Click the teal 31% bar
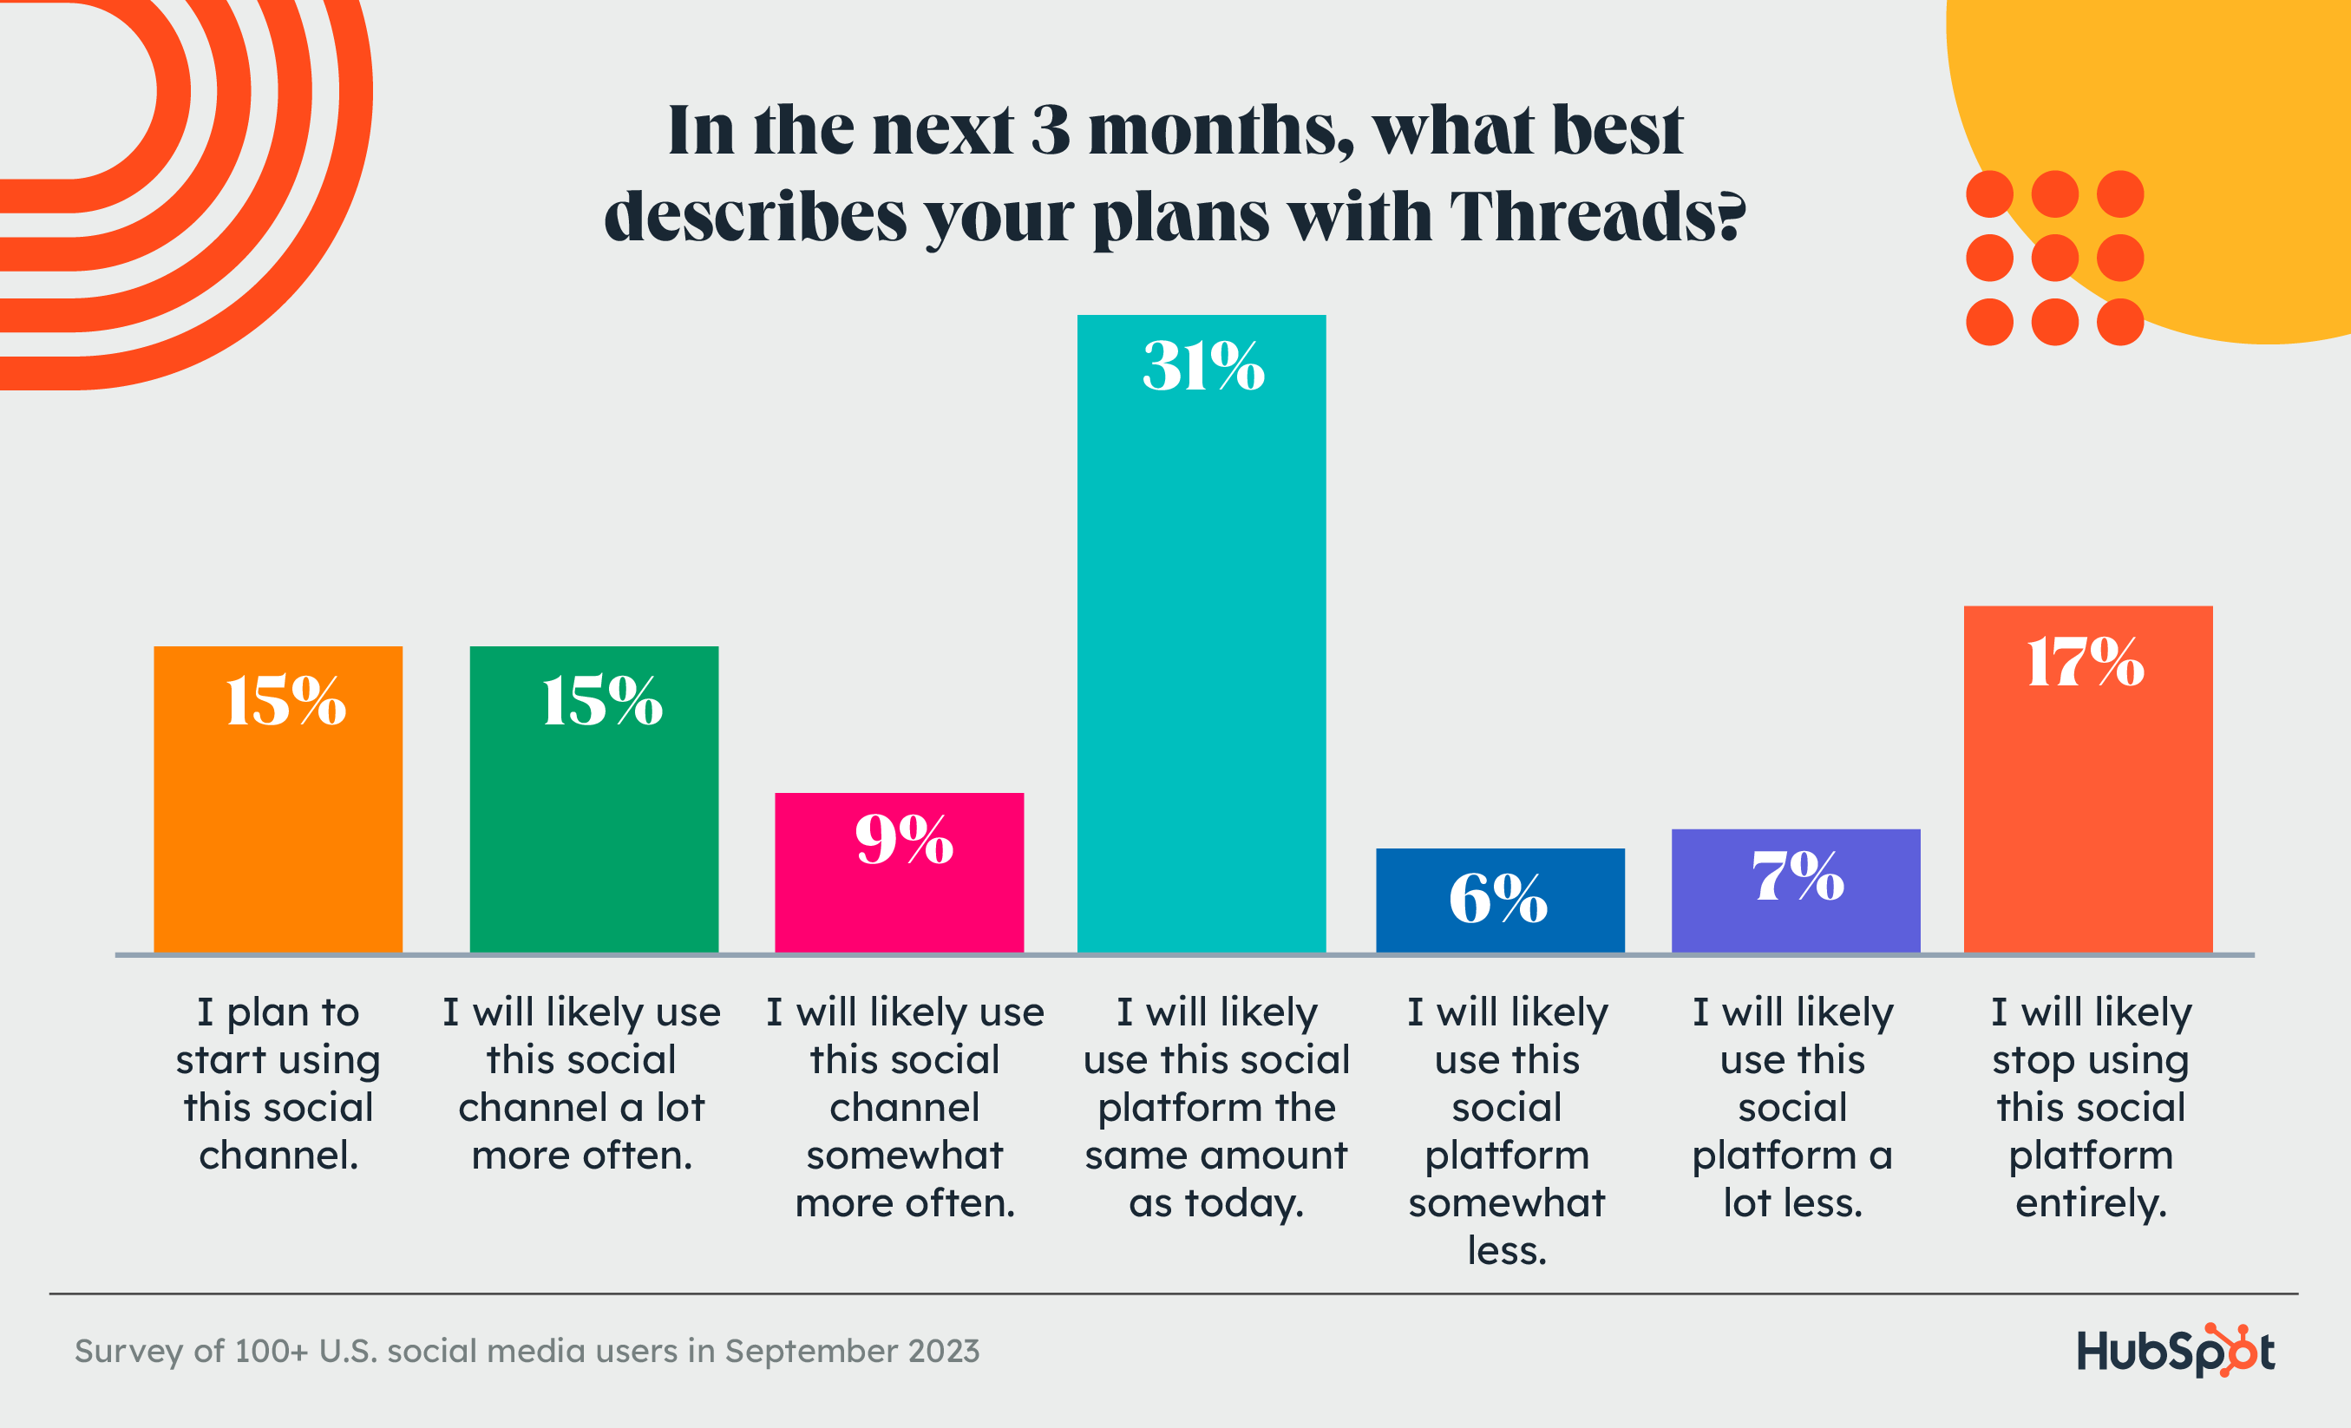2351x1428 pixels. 1202,649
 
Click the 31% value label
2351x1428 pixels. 1203,366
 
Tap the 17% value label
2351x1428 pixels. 2086,662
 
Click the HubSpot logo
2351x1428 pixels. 2176,1350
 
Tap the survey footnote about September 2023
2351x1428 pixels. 527,1351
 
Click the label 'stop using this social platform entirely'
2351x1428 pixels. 2091,1106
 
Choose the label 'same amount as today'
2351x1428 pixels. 1215,1106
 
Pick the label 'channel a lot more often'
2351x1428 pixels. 581,1084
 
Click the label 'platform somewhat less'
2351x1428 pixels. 1507,1130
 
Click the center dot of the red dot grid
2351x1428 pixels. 2054,258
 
